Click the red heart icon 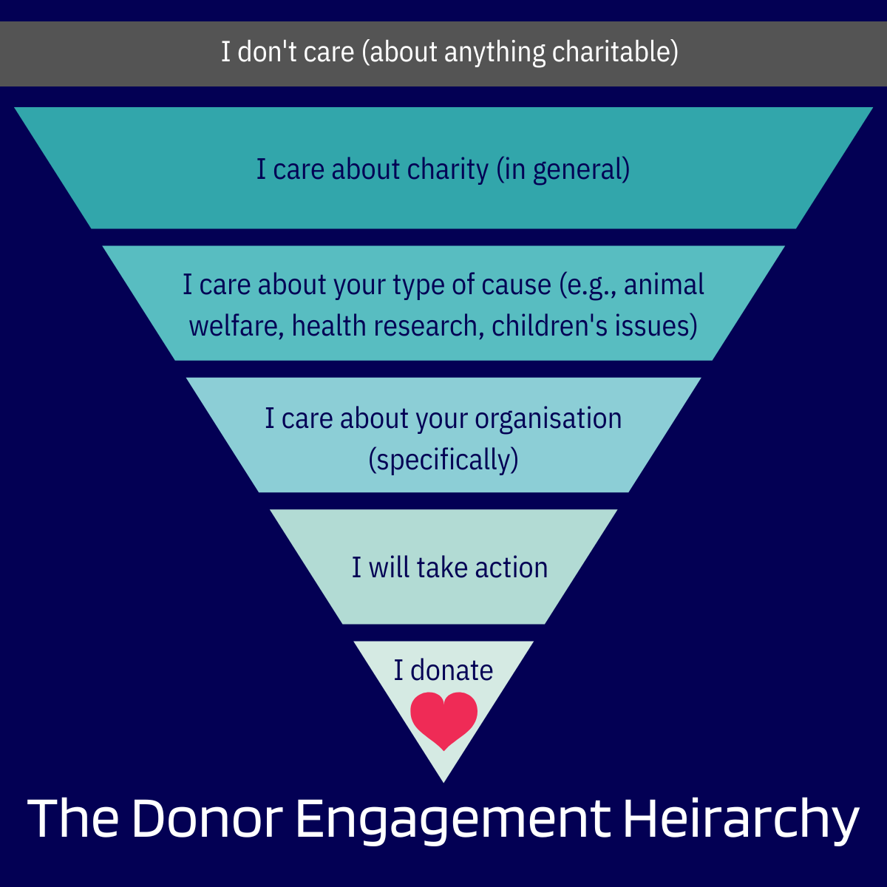[x=443, y=719]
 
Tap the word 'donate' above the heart [x=452, y=670]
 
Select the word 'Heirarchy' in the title [x=741, y=819]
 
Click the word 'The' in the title [x=73, y=819]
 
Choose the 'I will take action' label [x=449, y=568]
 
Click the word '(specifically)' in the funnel [x=443, y=460]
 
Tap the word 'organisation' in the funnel [x=548, y=418]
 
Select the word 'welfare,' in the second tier [x=237, y=325]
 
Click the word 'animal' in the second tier [x=664, y=285]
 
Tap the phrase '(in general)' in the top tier [x=563, y=170]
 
